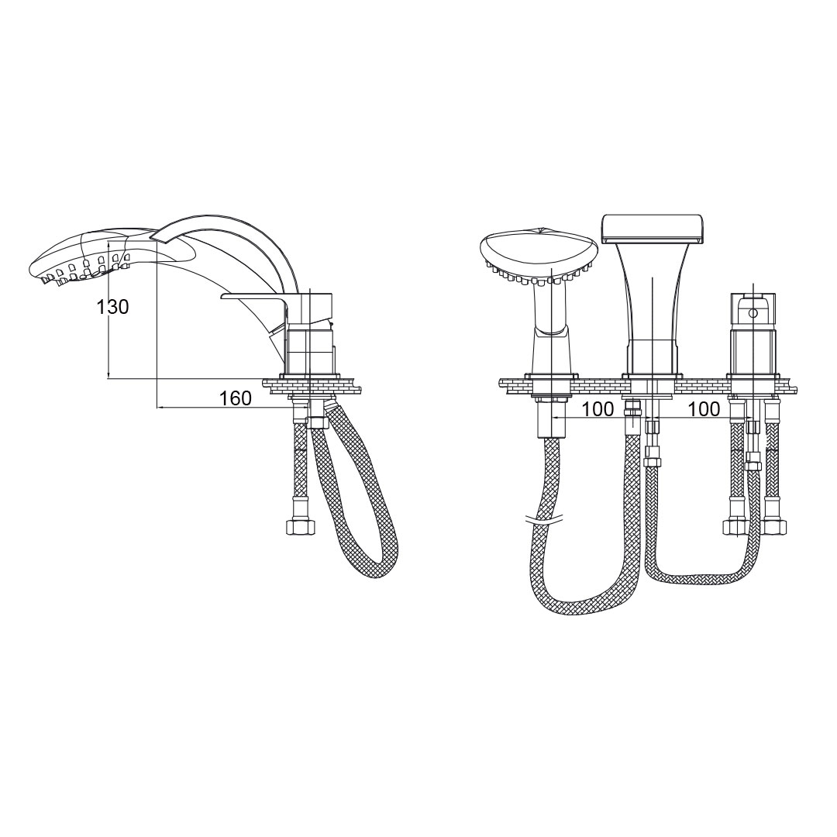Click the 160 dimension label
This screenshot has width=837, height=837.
236,398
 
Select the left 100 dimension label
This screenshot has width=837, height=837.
598,409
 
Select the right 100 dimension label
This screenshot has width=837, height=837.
704,409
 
